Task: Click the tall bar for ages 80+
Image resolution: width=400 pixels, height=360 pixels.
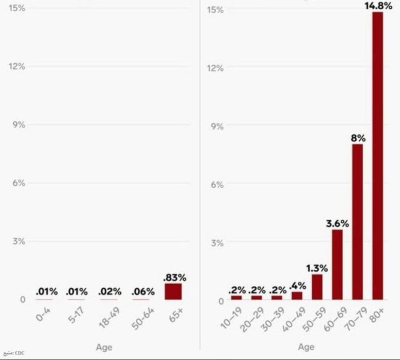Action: [x=378, y=155]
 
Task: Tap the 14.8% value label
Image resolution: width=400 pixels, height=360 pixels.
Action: [x=378, y=5]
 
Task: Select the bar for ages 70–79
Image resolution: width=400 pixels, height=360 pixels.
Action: [x=358, y=222]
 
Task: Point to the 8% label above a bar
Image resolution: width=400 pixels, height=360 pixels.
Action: [x=358, y=138]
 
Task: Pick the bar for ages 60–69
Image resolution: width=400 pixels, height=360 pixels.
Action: [x=337, y=264]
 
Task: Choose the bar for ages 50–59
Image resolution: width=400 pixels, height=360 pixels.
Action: [x=317, y=287]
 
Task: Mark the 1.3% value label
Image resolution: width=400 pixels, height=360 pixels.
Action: [x=317, y=268]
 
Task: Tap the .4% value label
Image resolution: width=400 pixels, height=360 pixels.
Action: [x=297, y=286]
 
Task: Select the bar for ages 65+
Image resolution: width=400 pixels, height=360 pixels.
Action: [x=173, y=292]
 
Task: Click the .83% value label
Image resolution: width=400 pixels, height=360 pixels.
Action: [x=175, y=278]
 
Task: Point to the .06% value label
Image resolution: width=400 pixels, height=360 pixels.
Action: [x=143, y=292]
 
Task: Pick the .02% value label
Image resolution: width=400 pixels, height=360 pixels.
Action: [x=110, y=292]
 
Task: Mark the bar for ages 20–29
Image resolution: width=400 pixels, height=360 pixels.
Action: [x=256, y=297]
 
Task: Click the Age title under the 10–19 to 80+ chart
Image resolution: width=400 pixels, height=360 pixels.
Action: [x=306, y=347]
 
